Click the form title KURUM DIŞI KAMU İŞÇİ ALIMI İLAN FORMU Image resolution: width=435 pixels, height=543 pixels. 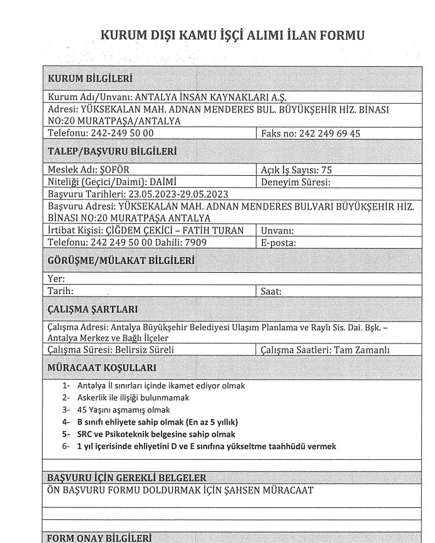tap(232, 36)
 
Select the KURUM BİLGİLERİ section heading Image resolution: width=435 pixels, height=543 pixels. tap(90, 79)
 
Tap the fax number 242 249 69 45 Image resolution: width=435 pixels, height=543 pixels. tap(330, 133)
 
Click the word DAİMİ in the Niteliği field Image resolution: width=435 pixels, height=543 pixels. tap(153, 182)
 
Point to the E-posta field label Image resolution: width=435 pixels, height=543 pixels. tap(279, 242)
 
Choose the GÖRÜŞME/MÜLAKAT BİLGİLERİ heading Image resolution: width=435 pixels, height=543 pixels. tap(121, 260)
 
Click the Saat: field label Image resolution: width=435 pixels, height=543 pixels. tap(271, 291)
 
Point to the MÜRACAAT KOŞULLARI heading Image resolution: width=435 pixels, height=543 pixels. tap(102, 367)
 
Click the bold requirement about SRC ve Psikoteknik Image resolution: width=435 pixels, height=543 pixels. tap(156, 434)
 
